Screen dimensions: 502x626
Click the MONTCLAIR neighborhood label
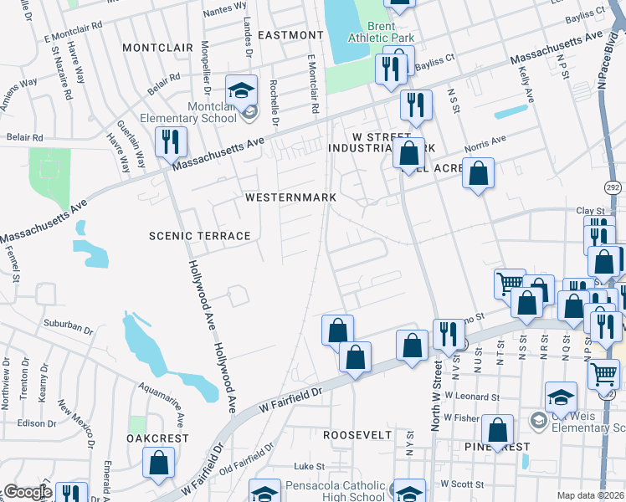coord(157,48)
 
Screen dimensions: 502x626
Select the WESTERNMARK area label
coord(290,197)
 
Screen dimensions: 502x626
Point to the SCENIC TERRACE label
coord(200,236)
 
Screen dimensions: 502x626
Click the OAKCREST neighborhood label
coord(154,438)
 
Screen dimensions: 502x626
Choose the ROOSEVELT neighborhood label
coord(357,435)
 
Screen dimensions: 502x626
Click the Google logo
coord(27,493)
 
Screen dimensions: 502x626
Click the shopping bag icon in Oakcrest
coord(158,463)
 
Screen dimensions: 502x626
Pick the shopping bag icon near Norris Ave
coord(478,173)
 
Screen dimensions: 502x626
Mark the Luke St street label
coord(308,466)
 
